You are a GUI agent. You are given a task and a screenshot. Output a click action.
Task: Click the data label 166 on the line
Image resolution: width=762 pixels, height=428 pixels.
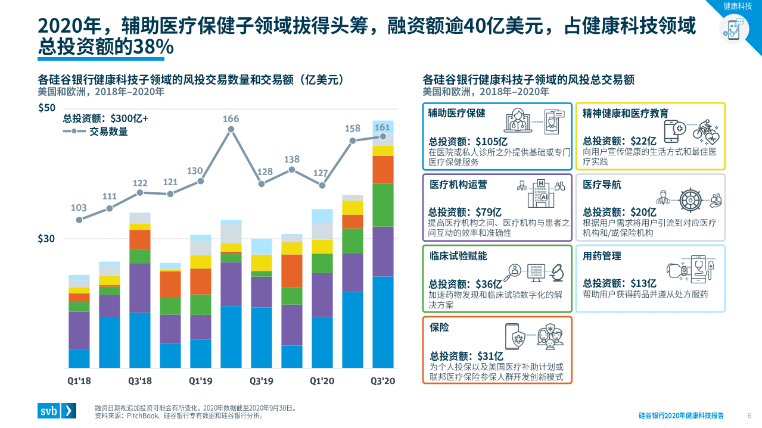click(x=231, y=118)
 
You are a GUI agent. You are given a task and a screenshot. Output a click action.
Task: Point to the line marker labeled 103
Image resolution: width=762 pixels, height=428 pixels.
click(x=79, y=220)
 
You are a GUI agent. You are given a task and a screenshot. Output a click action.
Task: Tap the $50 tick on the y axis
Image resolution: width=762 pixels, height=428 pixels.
click(x=46, y=108)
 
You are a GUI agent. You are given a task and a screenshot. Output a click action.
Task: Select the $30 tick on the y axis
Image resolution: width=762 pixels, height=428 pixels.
click(x=46, y=239)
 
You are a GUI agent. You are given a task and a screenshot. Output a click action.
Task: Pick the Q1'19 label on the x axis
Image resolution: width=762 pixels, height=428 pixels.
click(x=200, y=381)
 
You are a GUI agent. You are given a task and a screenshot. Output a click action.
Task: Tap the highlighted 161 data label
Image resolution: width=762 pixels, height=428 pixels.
click(x=382, y=127)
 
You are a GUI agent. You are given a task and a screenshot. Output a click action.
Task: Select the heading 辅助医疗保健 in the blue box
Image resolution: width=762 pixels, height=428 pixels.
click(x=457, y=113)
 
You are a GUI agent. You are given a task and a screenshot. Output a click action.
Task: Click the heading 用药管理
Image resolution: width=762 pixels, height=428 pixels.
click(x=602, y=256)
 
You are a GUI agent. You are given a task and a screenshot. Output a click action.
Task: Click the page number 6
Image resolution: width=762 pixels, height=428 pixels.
click(x=749, y=415)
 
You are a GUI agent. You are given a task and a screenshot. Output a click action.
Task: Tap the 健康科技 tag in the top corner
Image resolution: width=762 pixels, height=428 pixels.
click(x=738, y=6)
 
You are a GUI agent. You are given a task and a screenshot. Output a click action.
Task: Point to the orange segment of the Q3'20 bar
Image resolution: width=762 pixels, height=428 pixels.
click(x=382, y=170)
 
